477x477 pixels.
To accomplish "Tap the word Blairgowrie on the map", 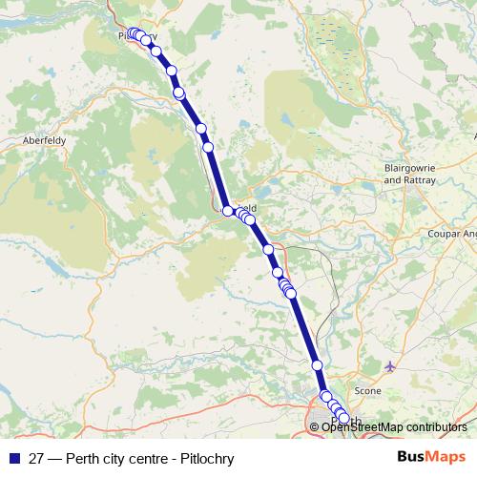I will [x=408, y=166].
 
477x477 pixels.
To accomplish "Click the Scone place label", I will [x=367, y=391].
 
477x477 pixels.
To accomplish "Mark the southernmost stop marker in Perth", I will [x=344, y=418].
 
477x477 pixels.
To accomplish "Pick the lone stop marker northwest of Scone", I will [x=317, y=365].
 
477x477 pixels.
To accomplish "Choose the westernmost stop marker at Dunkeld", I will [x=228, y=211].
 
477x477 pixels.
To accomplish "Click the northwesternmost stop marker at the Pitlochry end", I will [x=133, y=34].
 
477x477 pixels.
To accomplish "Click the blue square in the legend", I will [x=14, y=458].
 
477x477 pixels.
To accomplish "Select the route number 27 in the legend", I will [x=35, y=458].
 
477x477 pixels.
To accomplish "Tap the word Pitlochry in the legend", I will [x=206, y=458].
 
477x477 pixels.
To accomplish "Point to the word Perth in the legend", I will [x=82, y=458].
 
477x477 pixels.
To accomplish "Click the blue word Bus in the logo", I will [x=411, y=458].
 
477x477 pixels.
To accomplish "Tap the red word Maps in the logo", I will [x=446, y=458].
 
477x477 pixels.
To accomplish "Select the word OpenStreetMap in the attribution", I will [x=363, y=426].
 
